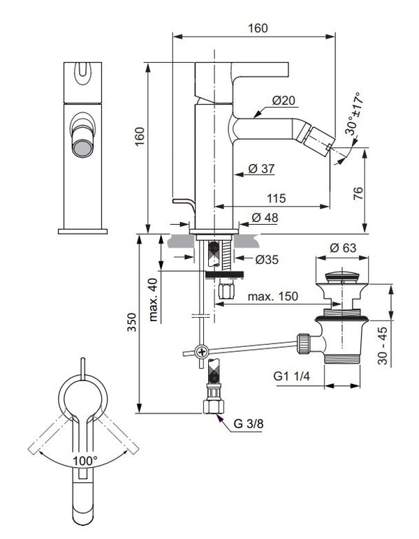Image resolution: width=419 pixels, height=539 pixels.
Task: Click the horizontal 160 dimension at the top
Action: (258, 29)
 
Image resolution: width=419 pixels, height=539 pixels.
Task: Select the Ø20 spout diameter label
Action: (284, 101)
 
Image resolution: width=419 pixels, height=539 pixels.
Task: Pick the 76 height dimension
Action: (378, 193)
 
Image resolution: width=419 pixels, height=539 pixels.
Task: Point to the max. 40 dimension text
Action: (153, 297)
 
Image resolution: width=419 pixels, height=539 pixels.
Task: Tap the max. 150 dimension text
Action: (273, 296)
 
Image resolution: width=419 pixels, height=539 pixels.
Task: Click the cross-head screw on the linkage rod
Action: (201, 351)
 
